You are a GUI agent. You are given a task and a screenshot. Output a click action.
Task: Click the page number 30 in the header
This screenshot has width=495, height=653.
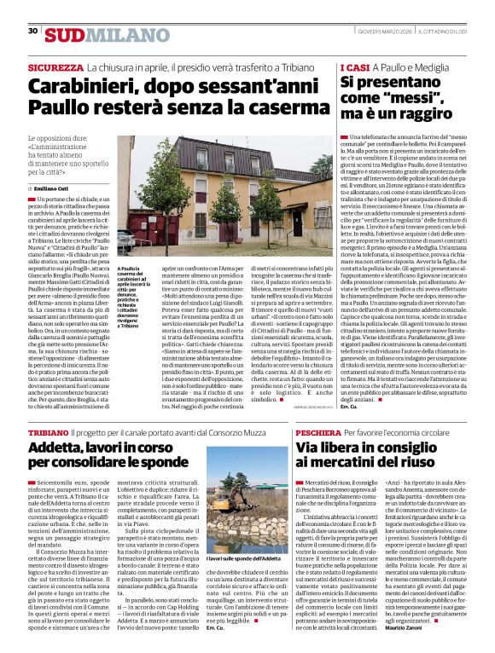(32, 31)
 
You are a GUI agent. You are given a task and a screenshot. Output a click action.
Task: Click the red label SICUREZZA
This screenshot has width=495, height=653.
(55, 66)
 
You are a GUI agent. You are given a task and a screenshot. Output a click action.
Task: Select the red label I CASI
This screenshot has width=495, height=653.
(355, 66)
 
